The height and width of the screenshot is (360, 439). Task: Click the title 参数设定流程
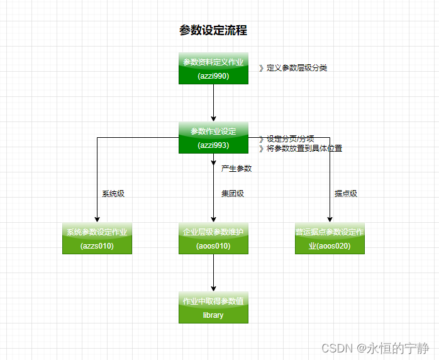[213, 30]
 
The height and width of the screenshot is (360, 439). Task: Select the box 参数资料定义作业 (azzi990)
[213, 68]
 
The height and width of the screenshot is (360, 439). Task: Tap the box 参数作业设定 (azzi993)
[213, 137]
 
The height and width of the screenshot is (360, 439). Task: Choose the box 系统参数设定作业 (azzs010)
[97, 239]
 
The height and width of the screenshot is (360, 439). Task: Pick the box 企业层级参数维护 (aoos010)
[213, 239]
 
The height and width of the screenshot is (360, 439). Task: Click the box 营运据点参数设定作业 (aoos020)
[330, 239]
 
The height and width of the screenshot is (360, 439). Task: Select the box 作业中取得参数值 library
[213, 308]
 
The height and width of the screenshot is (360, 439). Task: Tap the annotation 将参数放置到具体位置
[301, 149]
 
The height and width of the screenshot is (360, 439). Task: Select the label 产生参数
[236, 169]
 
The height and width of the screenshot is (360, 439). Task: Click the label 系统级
[113, 194]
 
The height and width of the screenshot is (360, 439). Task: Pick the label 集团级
[233, 194]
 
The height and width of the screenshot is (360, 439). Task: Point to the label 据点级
[345, 194]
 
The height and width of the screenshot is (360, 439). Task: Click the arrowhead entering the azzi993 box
[214, 118]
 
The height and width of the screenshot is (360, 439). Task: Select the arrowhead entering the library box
[214, 288]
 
